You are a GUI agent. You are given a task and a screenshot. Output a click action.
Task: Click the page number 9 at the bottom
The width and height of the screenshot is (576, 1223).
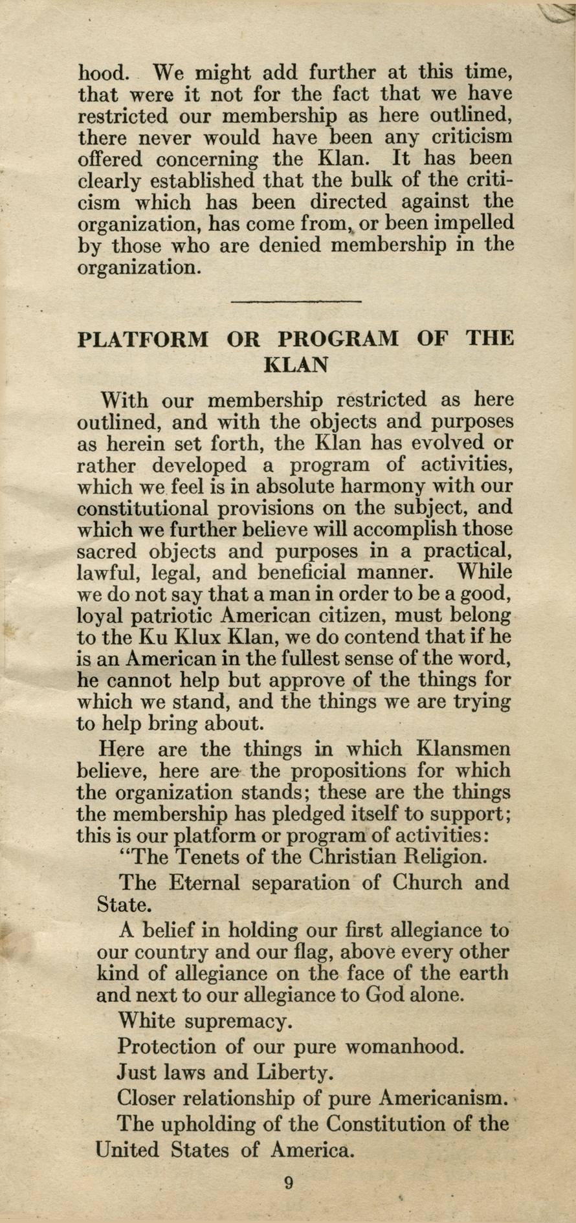point(289,1183)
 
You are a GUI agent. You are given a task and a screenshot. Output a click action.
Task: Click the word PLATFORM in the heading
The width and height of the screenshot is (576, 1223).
point(143,339)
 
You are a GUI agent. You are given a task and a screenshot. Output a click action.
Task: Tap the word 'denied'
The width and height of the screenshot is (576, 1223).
point(292,245)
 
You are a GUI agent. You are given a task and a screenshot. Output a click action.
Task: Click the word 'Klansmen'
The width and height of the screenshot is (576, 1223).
point(464,749)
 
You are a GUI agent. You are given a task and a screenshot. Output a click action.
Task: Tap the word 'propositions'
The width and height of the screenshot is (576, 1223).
point(348,771)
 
